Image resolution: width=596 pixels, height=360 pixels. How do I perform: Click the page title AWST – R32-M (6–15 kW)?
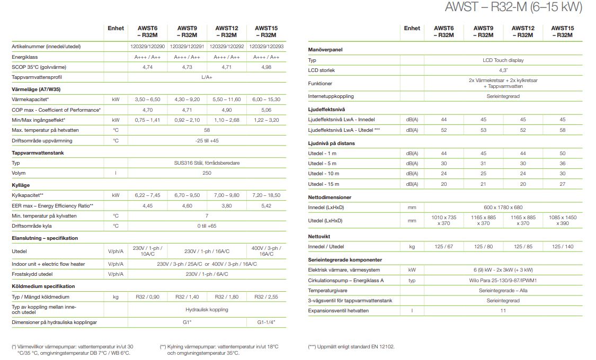pyautogui.click(x=514, y=7)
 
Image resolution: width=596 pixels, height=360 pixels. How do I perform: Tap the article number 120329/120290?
pyautogui.click(x=147, y=47)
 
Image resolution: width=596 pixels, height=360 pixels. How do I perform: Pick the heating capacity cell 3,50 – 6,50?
pyautogui.click(x=147, y=99)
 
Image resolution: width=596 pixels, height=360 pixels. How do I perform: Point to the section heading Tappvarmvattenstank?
pyautogui.click(x=38, y=152)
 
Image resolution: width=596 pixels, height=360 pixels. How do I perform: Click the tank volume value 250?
pyautogui.click(x=207, y=173)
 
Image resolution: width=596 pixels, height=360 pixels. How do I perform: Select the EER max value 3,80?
pyautogui.click(x=227, y=205)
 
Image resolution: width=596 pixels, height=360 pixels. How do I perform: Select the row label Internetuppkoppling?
pyautogui.click(x=331, y=96)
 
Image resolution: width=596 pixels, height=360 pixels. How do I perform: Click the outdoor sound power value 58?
pyautogui.click(x=562, y=130)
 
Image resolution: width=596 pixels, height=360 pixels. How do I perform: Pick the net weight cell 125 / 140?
pyautogui.click(x=562, y=247)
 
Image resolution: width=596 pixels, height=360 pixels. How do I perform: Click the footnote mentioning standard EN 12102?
pyautogui.click(x=351, y=347)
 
